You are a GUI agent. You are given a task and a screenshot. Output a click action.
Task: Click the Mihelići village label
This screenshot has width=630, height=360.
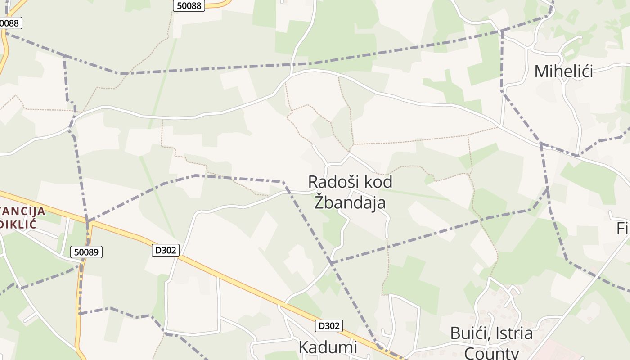coord(563,71)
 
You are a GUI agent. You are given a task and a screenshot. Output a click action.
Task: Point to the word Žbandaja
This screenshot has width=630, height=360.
coord(350,202)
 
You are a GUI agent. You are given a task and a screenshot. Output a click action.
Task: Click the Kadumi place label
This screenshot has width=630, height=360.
coord(328,347)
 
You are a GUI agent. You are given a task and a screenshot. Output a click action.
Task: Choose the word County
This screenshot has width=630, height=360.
coord(491,352)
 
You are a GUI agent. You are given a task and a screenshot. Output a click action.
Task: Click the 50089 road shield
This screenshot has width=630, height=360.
coord(86,252)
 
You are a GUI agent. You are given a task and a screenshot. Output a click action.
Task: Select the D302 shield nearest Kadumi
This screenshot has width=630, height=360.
coord(328,325)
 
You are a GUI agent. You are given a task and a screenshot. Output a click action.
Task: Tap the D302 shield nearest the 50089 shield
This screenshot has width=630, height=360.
coord(166,250)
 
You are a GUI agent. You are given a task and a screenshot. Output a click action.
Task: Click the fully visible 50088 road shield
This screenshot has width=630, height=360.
coord(189,5)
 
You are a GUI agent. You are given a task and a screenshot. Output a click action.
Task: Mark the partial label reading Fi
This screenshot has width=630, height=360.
coord(623,229)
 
